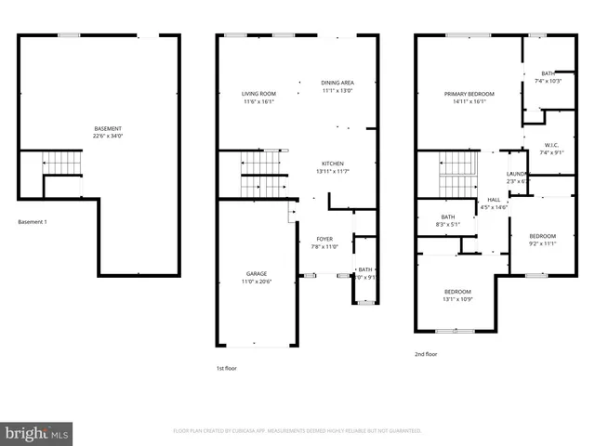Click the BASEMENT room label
point(108,128)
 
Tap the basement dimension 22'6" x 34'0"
point(108,137)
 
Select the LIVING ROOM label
point(259,94)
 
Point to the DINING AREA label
point(337,83)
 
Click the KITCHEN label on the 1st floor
point(333,163)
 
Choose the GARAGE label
point(257,273)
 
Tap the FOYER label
point(324,239)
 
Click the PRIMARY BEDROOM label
point(469,94)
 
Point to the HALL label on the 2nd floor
point(494,199)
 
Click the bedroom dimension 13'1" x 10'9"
point(457,299)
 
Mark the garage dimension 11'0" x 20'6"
point(257,282)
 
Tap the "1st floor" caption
point(227,369)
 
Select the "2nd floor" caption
point(425,354)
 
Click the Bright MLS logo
point(37,433)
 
